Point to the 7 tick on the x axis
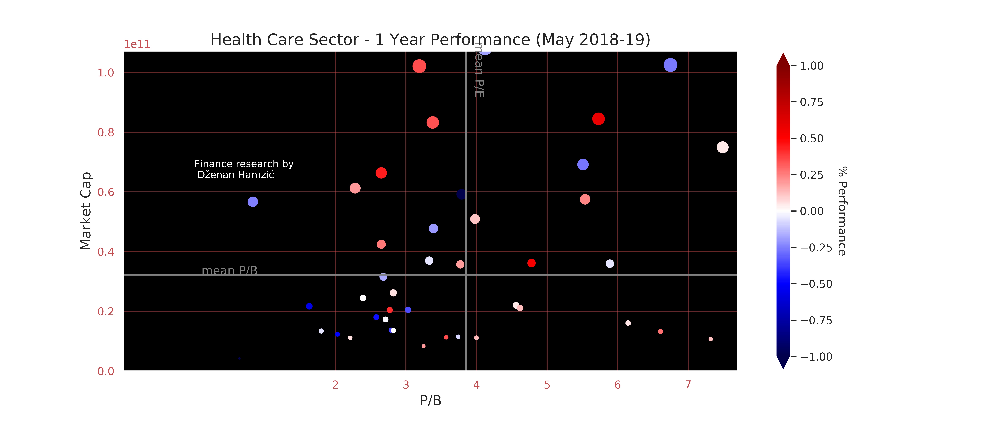coord(688,384)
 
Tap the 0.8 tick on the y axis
coord(106,133)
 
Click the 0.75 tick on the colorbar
coord(811,102)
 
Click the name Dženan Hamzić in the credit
coord(236,175)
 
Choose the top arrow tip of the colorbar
coord(783,54)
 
